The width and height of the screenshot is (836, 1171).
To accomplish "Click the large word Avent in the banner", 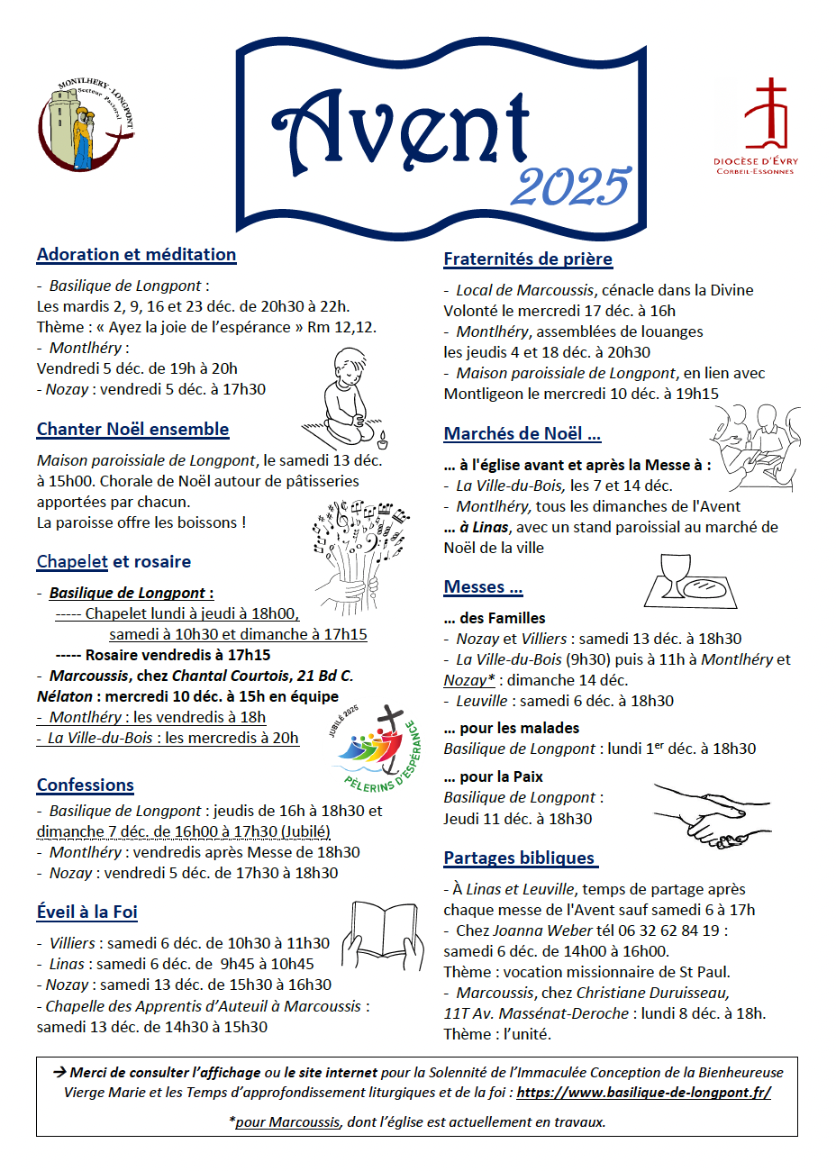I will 401,131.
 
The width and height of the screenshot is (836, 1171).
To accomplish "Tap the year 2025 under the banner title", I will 570,186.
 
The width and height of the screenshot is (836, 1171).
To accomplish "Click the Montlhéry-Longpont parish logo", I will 85,124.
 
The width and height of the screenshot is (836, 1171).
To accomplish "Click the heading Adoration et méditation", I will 136,255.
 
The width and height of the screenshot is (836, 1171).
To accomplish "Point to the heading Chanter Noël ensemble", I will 132,430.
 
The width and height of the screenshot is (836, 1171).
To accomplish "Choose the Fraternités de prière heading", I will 528,259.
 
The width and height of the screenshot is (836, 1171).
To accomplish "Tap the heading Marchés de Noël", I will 522,434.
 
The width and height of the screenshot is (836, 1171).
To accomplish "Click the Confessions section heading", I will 86,785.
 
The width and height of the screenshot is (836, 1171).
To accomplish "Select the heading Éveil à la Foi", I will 87,912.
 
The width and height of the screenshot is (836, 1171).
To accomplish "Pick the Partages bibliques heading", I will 520,858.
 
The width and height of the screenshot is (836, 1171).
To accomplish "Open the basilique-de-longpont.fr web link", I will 643,1093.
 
